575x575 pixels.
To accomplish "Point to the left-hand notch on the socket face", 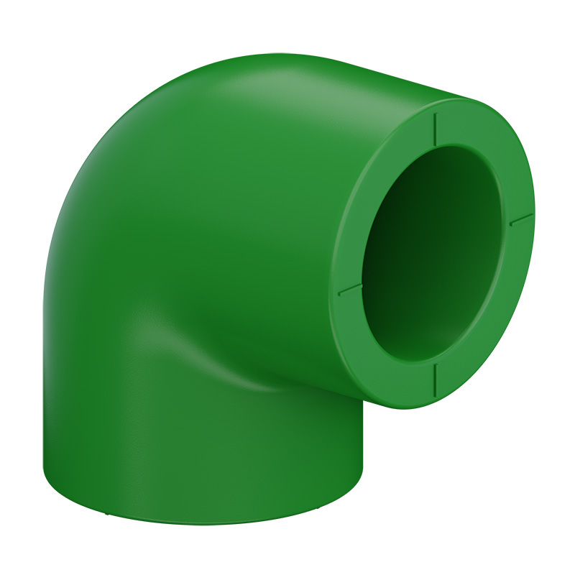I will [350, 289].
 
